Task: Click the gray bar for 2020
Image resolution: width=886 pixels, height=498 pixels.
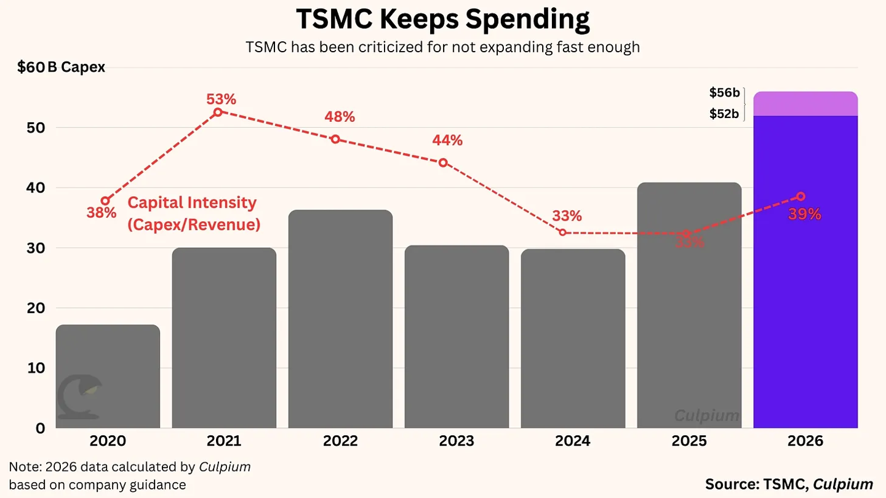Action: click(108, 376)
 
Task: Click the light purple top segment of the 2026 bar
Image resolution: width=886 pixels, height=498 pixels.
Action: click(805, 104)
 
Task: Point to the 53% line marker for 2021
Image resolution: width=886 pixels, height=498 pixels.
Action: click(218, 112)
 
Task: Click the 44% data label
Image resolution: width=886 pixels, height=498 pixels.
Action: click(447, 140)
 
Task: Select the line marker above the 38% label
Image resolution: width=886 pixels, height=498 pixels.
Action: click(105, 201)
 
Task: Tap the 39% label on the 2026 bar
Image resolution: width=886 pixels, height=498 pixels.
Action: click(804, 214)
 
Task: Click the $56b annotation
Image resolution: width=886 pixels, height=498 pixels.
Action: click(724, 93)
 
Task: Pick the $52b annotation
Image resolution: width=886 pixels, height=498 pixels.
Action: click(724, 114)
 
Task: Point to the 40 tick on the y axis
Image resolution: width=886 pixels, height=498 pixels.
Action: click(36, 188)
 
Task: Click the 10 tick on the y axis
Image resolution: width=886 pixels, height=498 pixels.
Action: click(36, 368)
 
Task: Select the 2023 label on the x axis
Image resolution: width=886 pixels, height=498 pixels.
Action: click(457, 441)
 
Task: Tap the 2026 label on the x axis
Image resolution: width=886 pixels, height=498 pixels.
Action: click(805, 441)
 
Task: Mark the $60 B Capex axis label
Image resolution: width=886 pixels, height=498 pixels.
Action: click(61, 67)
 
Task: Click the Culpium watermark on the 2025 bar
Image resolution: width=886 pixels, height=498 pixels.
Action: click(706, 416)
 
